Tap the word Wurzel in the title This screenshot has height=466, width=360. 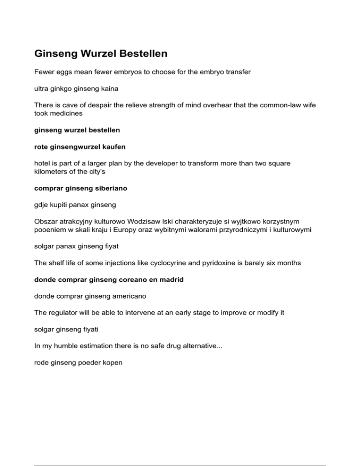coord(97,54)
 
